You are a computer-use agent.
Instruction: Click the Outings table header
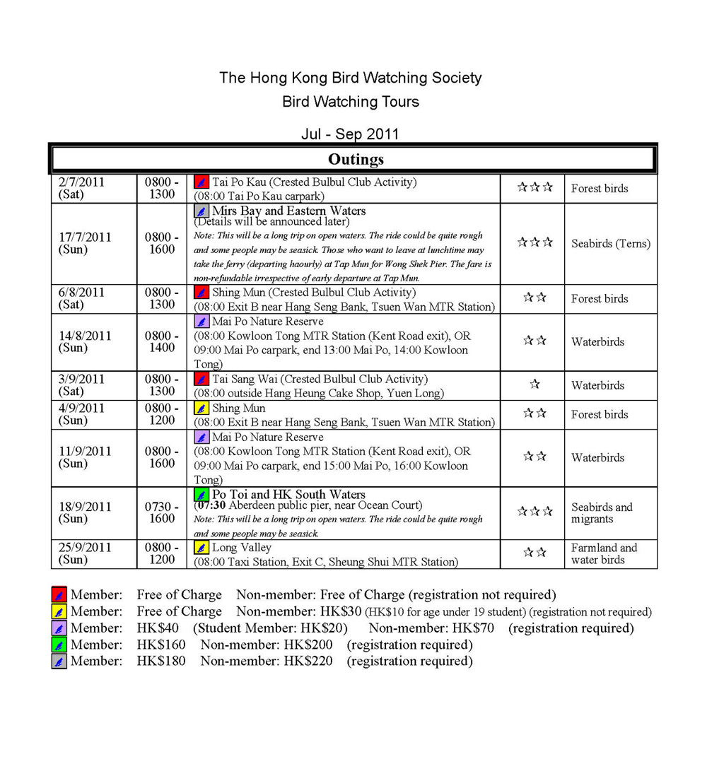356,159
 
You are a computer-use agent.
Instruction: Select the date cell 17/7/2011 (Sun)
85,243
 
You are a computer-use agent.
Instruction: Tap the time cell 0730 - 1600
162,512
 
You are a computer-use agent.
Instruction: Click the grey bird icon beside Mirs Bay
201,211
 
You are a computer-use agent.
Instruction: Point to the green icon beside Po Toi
201,495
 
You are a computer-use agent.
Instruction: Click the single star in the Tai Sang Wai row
534,384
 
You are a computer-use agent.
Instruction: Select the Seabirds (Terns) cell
611,244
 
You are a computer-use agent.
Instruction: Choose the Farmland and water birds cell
604,553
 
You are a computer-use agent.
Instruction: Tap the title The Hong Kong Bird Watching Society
351,78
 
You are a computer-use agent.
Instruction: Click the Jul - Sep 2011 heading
351,134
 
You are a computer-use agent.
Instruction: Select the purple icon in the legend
59,628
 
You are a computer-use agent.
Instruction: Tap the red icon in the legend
59,595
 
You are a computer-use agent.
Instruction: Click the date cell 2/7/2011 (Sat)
81,188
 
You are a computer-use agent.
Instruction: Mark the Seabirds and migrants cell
602,513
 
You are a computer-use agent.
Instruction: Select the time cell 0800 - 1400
162,341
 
